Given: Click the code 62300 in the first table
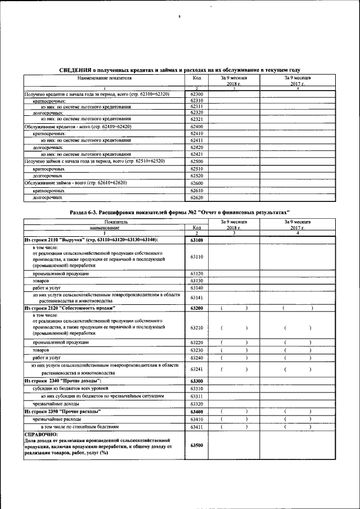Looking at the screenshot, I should [197, 94].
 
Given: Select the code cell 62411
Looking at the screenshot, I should [197, 140].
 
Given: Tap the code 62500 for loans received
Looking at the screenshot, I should [197, 161].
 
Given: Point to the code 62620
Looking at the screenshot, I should [197, 198].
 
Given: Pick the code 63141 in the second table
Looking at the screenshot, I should [197, 298].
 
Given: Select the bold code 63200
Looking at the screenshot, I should [197, 309].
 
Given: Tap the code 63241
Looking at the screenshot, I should [197, 369].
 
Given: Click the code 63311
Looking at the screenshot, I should [197, 397].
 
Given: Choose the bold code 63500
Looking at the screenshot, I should [197, 445].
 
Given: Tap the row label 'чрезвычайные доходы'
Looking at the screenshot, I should [56, 404].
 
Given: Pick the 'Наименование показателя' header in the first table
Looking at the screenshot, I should [104, 78].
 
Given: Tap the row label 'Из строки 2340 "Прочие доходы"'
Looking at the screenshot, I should [58, 381].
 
